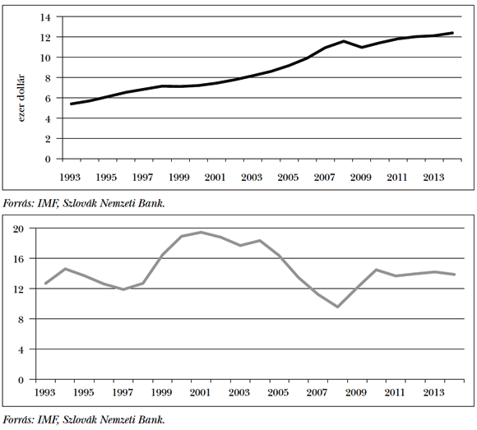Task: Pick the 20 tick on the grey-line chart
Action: [x=19, y=229]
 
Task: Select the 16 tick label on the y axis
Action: [x=19, y=258]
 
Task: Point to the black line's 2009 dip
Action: [x=361, y=47]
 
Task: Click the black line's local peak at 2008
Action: [x=343, y=41]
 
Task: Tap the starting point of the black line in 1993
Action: [x=72, y=104]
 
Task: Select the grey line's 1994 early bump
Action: [x=64, y=269]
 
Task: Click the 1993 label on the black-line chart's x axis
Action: [x=72, y=177]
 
